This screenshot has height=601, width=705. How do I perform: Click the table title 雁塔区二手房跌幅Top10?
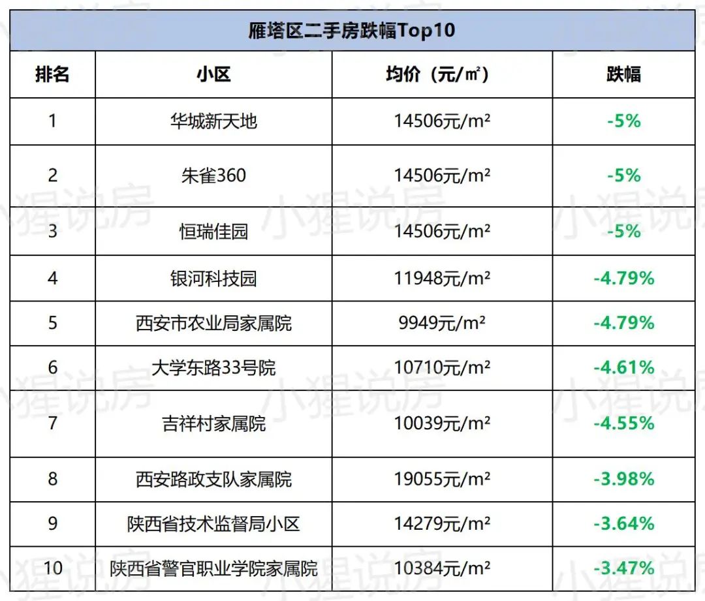tap(352, 31)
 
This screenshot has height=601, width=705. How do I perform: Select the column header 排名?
tap(52, 74)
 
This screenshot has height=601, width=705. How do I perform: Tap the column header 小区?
tap(213, 74)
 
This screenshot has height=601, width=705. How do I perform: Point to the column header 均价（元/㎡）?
tap(442, 74)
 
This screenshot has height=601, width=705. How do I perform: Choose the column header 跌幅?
tap(623, 74)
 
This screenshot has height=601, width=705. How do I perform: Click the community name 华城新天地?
tap(213, 121)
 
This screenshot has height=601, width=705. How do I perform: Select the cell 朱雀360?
tap(213, 176)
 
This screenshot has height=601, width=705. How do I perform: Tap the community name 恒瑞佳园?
tap(213, 231)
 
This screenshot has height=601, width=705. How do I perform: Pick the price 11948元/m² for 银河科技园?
tap(442, 279)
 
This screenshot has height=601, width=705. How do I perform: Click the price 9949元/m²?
tap(442, 323)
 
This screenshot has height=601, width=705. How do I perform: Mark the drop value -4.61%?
tap(623, 367)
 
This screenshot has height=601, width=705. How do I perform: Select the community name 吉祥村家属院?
tap(213, 424)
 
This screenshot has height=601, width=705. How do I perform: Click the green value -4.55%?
tap(623, 424)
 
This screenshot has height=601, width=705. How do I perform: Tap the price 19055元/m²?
tap(442, 480)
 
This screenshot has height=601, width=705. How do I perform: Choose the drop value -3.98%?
tap(623, 480)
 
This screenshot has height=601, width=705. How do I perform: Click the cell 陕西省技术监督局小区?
tap(213, 524)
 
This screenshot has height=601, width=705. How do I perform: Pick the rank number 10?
tap(52, 568)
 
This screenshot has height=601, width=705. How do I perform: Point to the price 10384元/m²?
tap(442, 568)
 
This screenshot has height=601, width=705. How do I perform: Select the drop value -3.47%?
tap(623, 568)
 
